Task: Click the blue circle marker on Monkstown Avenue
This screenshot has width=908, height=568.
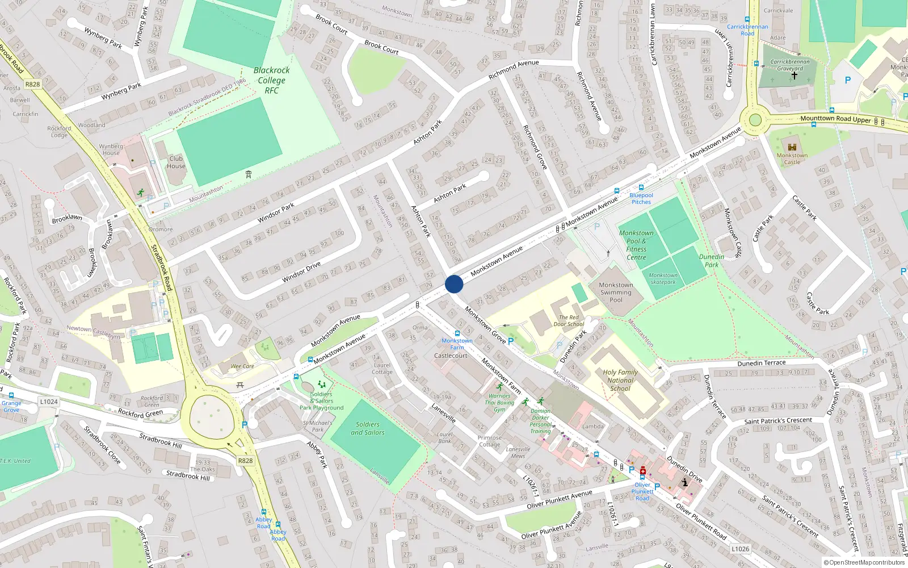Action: tap(454, 284)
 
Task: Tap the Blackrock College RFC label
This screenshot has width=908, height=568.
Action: tap(271, 80)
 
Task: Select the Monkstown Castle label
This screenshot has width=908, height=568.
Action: tap(792, 158)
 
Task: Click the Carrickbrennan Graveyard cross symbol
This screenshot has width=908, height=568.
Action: tap(794, 75)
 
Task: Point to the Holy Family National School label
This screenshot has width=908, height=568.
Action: tap(620, 381)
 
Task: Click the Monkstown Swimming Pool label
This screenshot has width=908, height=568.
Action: tap(616, 293)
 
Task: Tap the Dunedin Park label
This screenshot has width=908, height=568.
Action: tap(711, 261)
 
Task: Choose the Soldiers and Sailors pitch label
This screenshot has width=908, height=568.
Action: tap(367, 428)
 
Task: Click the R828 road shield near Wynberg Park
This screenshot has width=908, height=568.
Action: tap(32, 84)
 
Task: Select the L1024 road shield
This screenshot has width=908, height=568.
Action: tap(49, 402)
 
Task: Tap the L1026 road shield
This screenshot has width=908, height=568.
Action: tap(740, 549)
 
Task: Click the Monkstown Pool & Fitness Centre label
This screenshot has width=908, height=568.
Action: tap(636, 245)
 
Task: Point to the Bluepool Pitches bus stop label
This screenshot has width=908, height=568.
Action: tap(641, 198)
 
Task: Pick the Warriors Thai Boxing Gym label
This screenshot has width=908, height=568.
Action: tap(499, 403)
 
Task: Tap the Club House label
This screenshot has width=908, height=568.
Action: tap(176, 162)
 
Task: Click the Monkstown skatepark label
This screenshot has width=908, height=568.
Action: tap(663, 278)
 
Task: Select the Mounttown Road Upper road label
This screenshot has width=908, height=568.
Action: tap(835, 119)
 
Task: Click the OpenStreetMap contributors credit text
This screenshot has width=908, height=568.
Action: tap(864, 563)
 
